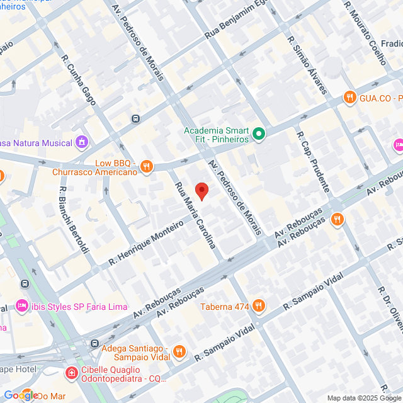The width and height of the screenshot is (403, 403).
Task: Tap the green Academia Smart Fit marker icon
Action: [259, 133]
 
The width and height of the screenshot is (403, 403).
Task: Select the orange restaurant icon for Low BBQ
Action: [146, 166]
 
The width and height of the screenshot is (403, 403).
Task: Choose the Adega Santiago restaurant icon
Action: [179, 351]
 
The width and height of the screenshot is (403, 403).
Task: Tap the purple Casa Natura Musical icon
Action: [81, 143]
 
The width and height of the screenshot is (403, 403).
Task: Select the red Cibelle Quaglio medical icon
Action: [72, 373]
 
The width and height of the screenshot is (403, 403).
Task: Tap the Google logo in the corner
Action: [21, 395]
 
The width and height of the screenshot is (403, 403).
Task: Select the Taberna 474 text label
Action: [225, 307]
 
